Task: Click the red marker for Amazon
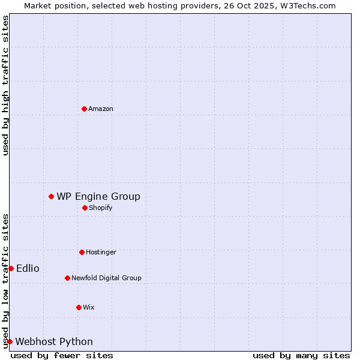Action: pos(84,109)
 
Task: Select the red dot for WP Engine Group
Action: pos(51,196)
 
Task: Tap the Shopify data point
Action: pos(85,208)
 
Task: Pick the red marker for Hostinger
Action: pos(82,252)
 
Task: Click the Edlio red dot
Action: pos(11,268)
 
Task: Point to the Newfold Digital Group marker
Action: pos(67,278)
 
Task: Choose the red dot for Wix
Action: pos(79,307)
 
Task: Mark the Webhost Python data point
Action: pos(10,341)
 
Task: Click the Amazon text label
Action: pos(101,109)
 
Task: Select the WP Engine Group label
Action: pos(98,196)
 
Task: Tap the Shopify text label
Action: pos(101,208)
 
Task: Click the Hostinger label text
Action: pos(101,252)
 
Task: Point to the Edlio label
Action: pos(28,268)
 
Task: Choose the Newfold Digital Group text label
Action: pos(106,278)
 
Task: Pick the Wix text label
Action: pos(89,307)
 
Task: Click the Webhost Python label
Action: pos(54,341)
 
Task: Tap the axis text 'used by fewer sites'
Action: pos(62,355)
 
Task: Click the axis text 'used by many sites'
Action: pos(301,355)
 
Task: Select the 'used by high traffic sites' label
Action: pos(5,85)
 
